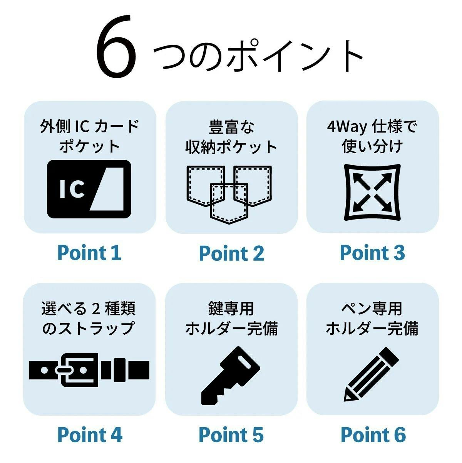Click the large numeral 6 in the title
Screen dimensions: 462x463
tap(116, 46)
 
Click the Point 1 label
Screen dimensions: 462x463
tap(89, 253)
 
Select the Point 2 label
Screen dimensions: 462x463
tap(232, 253)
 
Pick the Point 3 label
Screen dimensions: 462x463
tap(373, 253)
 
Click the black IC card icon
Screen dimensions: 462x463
tap(89, 189)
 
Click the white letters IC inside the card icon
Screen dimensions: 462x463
tap(72, 190)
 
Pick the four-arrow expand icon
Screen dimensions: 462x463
tap(372, 192)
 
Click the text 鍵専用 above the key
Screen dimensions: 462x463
tap(231, 309)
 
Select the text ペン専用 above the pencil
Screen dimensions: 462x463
tap(372, 309)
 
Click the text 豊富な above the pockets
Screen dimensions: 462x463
tap(231, 127)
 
